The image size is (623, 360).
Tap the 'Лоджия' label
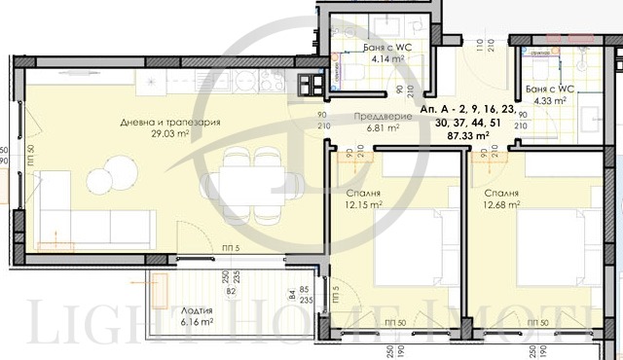coord(197,307)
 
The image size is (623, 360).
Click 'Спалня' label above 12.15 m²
coord(357,194)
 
